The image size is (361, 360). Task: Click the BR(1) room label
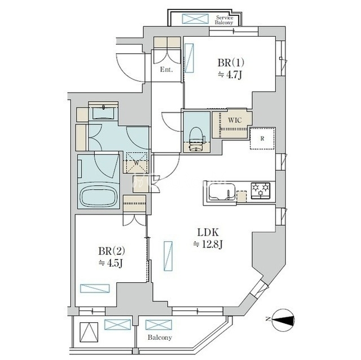click(231, 63)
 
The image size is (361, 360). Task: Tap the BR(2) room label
click(112, 251)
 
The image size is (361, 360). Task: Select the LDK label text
click(208, 233)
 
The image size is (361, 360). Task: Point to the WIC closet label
click(235, 120)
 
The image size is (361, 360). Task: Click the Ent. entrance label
click(166, 69)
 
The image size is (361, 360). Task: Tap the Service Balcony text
click(224, 20)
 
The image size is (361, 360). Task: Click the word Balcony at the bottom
click(160, 337)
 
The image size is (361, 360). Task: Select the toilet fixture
click(196, 140)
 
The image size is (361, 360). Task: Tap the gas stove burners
click(261, 190)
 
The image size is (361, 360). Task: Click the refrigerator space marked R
click(262, 139)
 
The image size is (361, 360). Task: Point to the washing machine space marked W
click(137, 162)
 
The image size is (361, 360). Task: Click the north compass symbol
click(282, 320)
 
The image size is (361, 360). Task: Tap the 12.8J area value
click(208, 244)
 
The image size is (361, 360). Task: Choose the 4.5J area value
click(111, 263)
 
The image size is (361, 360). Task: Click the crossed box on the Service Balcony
click(195, 19)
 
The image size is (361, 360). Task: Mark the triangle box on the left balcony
click(89, 332)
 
